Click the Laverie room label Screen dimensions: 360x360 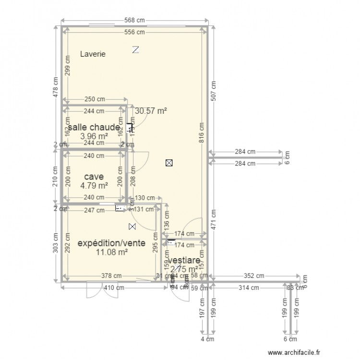93,54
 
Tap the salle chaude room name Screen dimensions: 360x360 94,128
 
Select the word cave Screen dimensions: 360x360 94,177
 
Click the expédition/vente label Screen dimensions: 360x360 111,243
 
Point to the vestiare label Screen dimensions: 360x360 184,261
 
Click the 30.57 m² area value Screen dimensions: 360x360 151,111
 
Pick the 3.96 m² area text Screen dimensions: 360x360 94,136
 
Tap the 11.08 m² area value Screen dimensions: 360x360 111,252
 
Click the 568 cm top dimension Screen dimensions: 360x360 134,21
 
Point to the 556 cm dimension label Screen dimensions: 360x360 134,32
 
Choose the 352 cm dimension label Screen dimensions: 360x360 253,276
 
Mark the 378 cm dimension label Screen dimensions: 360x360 111,276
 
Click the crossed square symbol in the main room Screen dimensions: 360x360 168,163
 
